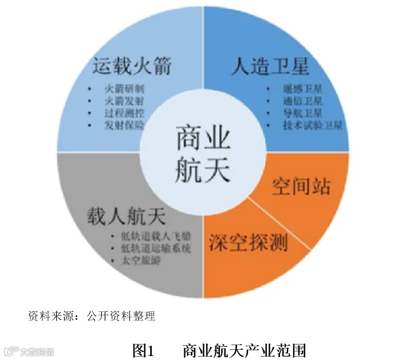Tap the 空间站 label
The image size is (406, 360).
coord(301,186)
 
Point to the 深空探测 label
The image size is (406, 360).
coord(247,242)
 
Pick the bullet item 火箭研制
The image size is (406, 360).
coord(125,89)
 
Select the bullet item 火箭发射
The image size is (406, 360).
coord(125,101)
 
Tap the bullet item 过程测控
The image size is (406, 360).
coord(125,113)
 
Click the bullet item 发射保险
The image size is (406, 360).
coord(125,125)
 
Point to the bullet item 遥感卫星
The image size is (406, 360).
coord(303,89)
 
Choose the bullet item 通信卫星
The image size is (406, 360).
coord(303,101)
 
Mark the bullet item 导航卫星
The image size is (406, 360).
coord(303,114)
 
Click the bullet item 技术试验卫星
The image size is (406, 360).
coord(312,126)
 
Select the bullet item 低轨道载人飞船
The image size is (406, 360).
coord(155,237)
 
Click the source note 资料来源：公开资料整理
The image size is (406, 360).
coord(92,315)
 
